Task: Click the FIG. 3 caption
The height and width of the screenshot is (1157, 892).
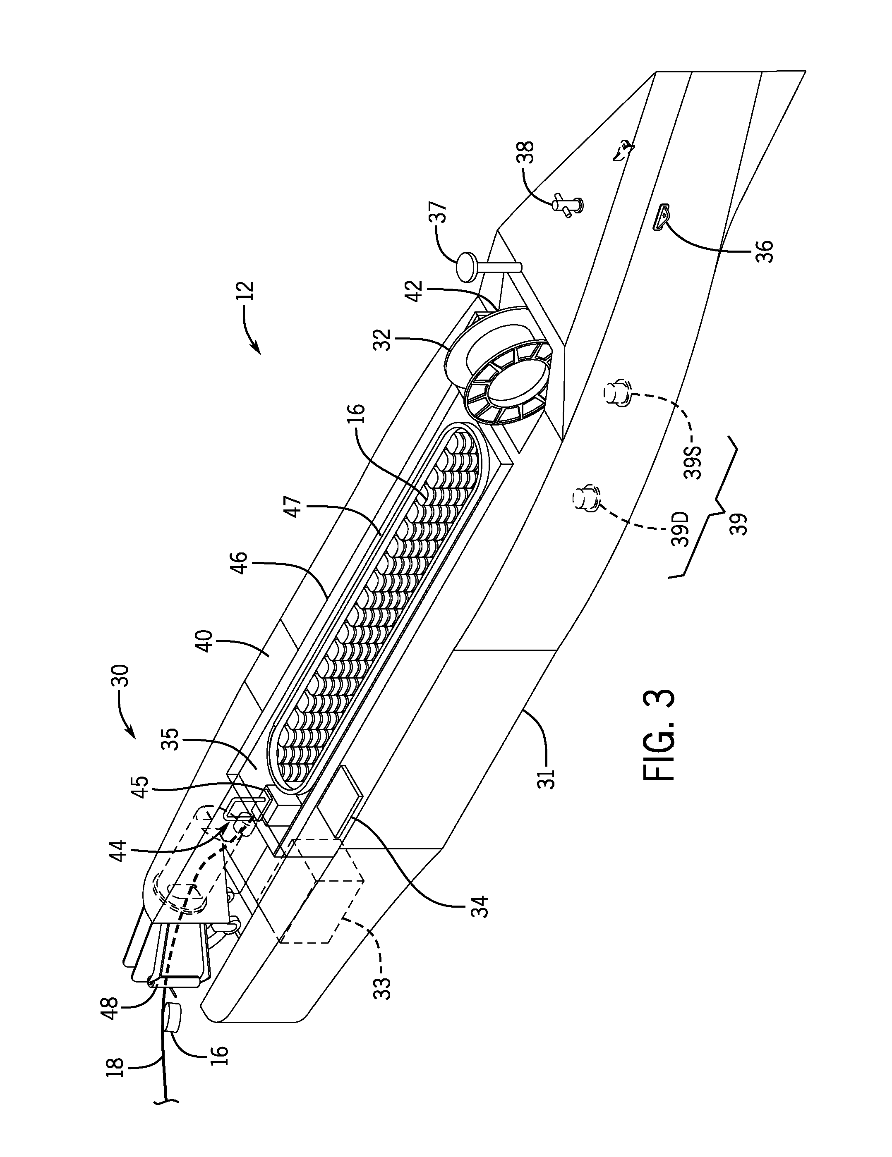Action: (x=659, y=734)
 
